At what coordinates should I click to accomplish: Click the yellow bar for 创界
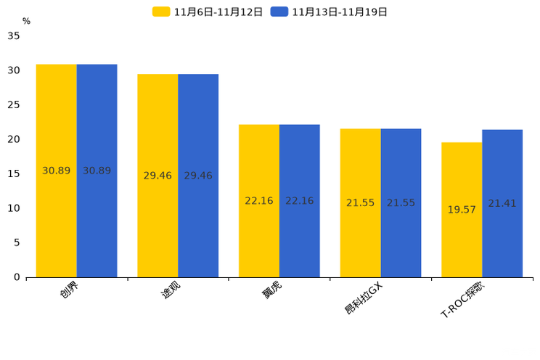coord(57,171)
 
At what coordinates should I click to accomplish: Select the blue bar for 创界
coord(97,171)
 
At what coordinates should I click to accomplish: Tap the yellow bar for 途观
coord(157,176)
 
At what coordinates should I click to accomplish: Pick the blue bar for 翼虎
coord(300,201)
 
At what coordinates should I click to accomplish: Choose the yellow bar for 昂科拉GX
coord(361,203)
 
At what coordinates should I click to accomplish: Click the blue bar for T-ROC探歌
coord(502,203)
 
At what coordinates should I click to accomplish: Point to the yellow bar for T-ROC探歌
coord(462,210)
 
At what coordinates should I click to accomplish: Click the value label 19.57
coord(462,210)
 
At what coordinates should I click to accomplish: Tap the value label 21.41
coord(502,203)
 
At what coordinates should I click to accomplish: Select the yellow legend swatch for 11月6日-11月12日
coord(161,12)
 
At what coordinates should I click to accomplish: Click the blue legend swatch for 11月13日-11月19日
coord(279,12)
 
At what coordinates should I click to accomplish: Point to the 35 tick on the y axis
coord(14,36)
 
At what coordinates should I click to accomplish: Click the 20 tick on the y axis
coord(14,139)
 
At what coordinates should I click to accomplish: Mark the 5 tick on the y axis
coord(17,242)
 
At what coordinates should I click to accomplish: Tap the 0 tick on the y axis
coord(17,277)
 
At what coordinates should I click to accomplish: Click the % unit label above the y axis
coord(27,21)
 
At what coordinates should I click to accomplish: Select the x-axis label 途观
coord(171,290)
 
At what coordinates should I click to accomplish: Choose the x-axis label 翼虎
coord(271,290)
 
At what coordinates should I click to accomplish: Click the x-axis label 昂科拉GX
coord(364,298)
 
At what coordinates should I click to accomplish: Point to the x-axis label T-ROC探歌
coord(462,299)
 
